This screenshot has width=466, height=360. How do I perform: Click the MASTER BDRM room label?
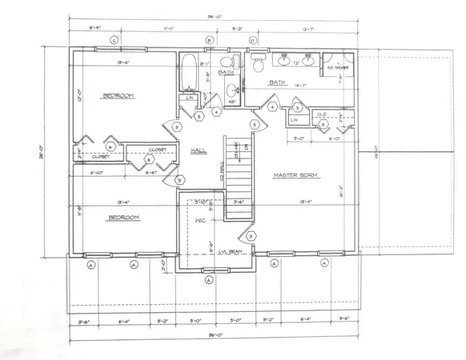point(296,175)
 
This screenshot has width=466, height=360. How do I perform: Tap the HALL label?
point(199,150)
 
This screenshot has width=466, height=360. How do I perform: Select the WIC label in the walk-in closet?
point(200,220)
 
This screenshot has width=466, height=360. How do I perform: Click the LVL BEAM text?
point(229,251)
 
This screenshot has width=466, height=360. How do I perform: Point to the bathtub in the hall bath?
point(188,73)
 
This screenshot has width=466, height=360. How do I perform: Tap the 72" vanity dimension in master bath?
point(295,62)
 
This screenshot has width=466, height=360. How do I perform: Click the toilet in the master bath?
point(259,64)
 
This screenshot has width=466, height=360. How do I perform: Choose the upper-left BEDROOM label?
point(118,96)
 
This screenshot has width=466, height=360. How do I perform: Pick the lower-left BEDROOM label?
point(124,217)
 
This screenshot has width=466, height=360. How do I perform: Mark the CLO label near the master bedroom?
point(321,114)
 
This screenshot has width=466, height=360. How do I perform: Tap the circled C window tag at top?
point(114,40)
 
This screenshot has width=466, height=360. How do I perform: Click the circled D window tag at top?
point(251,40)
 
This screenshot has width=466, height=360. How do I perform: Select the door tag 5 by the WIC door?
point(251,236)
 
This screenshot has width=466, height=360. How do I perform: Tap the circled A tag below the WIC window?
point(208,280)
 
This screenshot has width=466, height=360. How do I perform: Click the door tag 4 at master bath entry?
point(272,106)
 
